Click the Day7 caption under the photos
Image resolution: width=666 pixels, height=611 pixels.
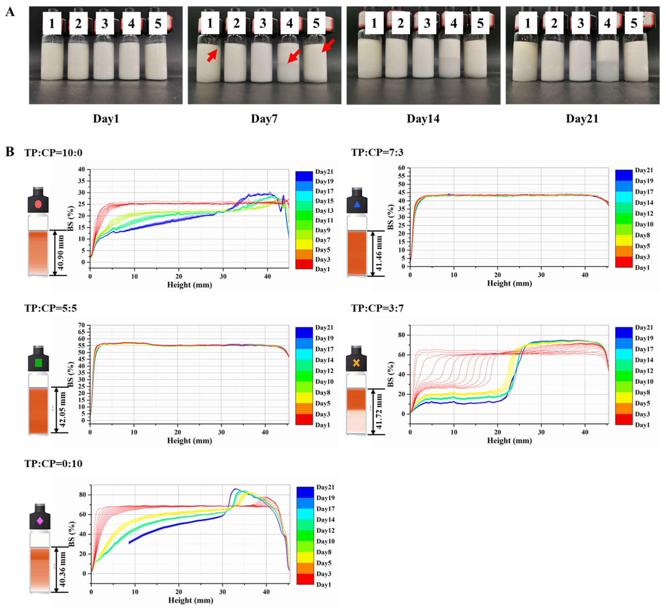[264, 118]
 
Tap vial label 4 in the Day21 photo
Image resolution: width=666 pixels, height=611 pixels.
[607, 23]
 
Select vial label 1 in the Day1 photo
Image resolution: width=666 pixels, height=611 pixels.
[52, 24]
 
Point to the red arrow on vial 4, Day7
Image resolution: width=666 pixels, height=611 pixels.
[294, 56]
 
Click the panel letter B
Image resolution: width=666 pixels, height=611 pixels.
[10, 152]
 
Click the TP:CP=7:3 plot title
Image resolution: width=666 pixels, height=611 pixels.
[377, 152]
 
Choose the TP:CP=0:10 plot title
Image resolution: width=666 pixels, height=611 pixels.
[53, 464]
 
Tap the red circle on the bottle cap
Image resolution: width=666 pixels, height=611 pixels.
[38, 204]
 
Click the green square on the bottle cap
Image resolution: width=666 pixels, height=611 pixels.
[38, 363]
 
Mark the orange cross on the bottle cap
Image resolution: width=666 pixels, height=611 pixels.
[356, 363]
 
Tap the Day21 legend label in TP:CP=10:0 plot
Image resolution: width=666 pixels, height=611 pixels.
[324, 172]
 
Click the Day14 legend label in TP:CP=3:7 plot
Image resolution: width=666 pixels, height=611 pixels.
[644, 360]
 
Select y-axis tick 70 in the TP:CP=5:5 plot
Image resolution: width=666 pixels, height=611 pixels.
[81, 325]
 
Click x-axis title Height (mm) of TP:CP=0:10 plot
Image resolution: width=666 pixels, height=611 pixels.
[191, 600]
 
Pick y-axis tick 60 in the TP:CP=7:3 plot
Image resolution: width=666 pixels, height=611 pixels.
[401, 168]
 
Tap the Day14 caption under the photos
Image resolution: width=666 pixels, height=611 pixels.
[423, 118]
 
